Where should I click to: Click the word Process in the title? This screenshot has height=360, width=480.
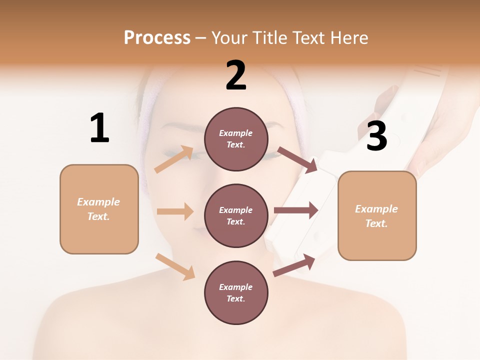pyautogui.click(x=157, y=38)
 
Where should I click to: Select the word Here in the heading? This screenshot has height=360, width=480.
pyautogui.click(x=348, y=38)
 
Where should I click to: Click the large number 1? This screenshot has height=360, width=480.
pyautogui.click(x=99, y=128)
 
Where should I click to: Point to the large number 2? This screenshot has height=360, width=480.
pyautogui.click(x=236, y=75)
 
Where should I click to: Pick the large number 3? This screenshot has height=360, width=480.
pyautogui.click(x=376, y=136)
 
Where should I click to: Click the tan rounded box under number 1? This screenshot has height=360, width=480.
pyautogui.click(x=99, y=209)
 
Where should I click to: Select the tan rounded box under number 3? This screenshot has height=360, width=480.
pyautogui.click(x=377, y=215)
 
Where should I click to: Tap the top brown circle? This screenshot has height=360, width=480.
pyautogui.click(x=236, y=139)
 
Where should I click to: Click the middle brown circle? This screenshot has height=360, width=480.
pyautogui.click(x=236, y=215)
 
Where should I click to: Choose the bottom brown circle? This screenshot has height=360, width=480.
pyautogui.click(x=236, y=292)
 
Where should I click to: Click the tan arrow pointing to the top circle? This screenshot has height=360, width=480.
pyautogui.click(x=174, y=159)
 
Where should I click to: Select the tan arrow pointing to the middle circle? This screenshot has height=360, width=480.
pyautogui.click(x=175, y=211)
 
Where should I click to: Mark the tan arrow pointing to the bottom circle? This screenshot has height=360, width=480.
pyautogui.click(x=175, y=267)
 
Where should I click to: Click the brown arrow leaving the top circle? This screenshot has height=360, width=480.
pyautogui.click(x=297, y=159)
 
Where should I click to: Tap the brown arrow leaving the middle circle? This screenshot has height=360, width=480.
pyautogui.click(x=296, y=210)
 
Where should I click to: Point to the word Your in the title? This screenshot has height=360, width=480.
pyautogui.click(x=228, y=38)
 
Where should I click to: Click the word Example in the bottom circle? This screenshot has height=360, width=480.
pyautogui.click(x=236, y=287)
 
